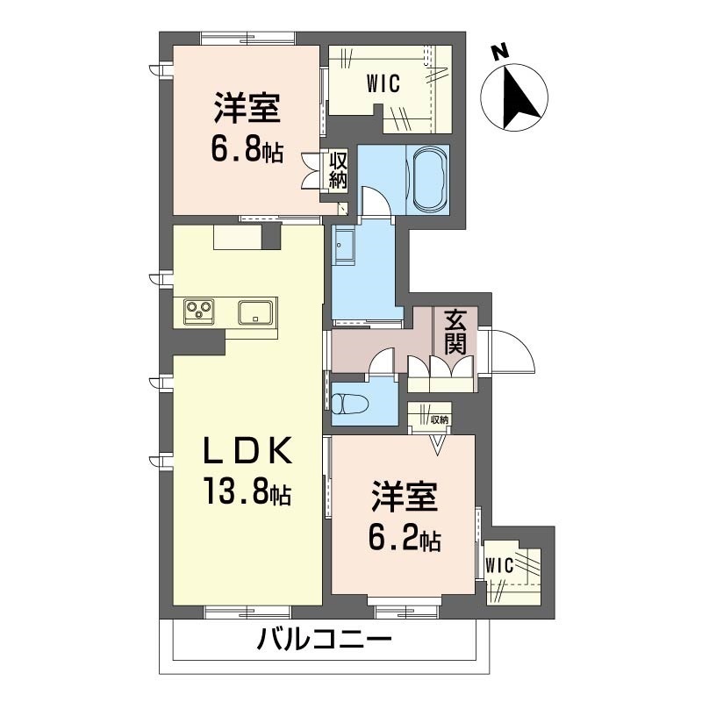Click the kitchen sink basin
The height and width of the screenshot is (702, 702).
[256, 312]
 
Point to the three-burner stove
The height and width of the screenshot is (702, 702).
[200, 311]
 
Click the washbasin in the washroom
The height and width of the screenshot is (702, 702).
[343, 248]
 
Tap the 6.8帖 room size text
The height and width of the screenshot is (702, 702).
[247, 150]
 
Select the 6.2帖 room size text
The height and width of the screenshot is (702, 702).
[405, 538]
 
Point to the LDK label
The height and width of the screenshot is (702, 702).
[247, 451]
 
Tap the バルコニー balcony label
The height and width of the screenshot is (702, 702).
[325, 641]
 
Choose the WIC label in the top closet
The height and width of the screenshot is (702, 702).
[383, 84]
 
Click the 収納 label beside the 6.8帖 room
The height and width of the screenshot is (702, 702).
[338, 170]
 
